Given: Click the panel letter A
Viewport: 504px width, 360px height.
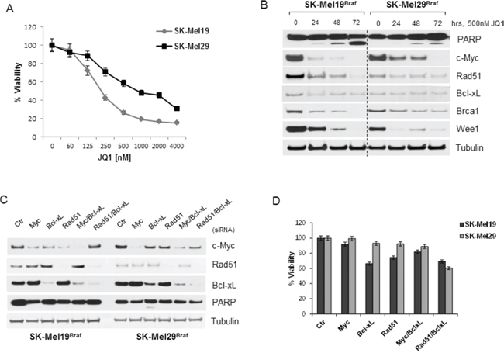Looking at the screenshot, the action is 9,9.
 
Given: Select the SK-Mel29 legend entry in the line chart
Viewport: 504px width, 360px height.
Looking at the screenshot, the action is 183,47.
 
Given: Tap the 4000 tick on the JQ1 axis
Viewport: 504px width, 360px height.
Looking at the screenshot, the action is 176,146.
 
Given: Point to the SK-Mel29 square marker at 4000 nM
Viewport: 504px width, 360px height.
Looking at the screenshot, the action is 177,109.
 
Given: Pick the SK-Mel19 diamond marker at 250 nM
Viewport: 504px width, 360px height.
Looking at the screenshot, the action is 105,98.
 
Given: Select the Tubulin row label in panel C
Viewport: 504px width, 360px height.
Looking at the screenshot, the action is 225,321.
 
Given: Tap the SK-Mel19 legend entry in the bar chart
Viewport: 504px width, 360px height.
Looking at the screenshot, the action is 478,224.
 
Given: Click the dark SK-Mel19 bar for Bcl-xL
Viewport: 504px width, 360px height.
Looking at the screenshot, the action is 368,289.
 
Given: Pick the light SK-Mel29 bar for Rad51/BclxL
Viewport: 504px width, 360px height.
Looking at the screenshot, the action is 448,291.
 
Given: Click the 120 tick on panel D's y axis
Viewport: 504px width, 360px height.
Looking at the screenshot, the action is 300,223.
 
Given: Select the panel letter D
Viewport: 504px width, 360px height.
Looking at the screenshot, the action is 276,200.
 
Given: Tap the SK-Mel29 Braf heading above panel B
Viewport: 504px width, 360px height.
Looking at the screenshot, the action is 408,6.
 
